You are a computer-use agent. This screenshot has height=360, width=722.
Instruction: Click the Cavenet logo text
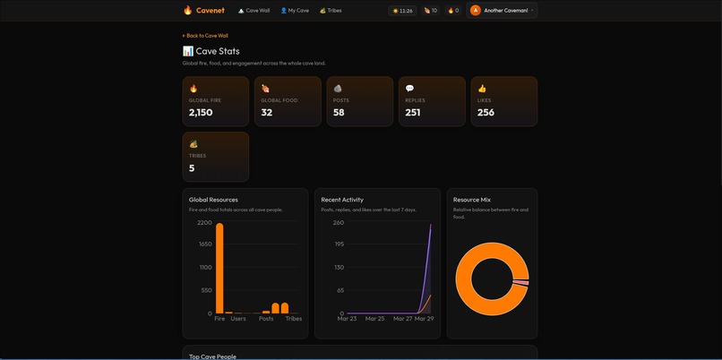tap(210, 11)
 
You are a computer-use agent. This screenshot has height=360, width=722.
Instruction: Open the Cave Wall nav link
tap(254, 11)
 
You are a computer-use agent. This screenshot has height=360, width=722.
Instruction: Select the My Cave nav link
tap(295, 11)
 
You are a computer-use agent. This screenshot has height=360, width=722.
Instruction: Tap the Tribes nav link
tap(331, 11)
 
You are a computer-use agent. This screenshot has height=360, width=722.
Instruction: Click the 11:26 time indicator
tap(402, 11)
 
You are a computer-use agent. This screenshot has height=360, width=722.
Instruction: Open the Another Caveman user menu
tap(503, 11)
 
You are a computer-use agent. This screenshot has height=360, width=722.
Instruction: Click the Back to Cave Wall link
tap(205, 36)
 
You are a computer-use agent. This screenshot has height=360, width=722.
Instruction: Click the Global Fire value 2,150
tap(201, 113)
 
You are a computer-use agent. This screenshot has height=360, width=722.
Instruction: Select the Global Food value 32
tap(266, 113)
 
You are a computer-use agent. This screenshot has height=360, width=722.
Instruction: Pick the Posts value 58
tap(339, 113)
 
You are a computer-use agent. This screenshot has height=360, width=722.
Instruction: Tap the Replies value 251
tap(412, 113)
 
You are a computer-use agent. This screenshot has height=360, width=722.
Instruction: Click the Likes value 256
tap(486, 113)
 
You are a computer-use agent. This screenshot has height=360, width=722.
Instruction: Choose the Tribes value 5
tap(192, 168)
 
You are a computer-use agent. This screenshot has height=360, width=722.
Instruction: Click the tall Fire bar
tap(219, 268)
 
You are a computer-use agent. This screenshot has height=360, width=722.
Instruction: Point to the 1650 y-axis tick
tap(204, 244)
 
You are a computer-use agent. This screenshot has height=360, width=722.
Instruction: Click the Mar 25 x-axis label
tap(374, 319)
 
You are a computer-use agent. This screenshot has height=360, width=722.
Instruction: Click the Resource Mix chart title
tap(472, 200)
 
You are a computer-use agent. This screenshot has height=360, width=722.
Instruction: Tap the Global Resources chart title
tap(213, 200)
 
